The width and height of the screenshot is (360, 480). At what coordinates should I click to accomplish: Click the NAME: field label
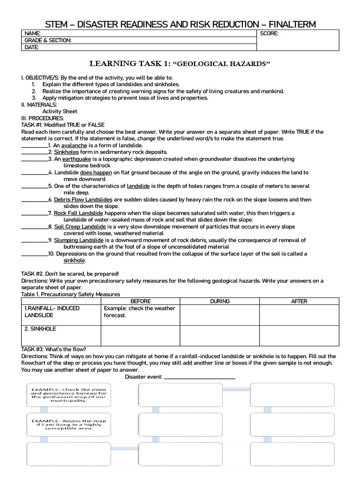click(x=33, y=34)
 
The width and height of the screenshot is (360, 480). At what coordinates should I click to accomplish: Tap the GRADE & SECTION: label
click(x=48, y=40)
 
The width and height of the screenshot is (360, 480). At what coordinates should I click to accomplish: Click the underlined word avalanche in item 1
click(x=74, y=145)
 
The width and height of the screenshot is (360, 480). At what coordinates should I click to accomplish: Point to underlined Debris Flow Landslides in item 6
click(x=83, y=200)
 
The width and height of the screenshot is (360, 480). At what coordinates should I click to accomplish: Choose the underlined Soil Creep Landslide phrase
click(x=80, y=227)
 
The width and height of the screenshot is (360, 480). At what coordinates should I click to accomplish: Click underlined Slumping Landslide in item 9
click(x=79, y=240)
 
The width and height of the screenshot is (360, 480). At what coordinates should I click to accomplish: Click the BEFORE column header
click(x=140, y=301)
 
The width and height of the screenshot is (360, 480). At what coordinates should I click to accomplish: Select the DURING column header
click(x=219, y=301)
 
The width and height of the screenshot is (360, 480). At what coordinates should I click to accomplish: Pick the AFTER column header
click(x=299, y=301)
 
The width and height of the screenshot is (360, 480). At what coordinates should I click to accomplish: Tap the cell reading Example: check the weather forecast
click(x=140, y=312)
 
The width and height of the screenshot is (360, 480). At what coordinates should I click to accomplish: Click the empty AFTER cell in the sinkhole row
click(x=299, y=336)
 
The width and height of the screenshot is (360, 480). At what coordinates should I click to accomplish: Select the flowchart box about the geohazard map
click(x=69, y=395)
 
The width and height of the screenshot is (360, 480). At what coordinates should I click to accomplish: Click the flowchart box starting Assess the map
click(x=69, y=424)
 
